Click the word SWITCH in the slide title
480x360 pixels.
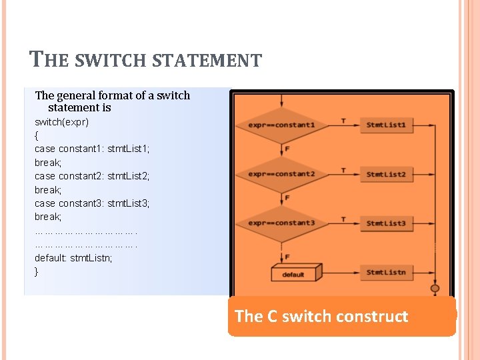pyautogui.click(x=109, y=61)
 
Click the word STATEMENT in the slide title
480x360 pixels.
pyautogui.click(x=207, y=61)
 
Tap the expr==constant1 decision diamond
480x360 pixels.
pyautogui.click(x=282, y=125)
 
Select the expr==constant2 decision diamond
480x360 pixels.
pyautogui.click(x=282, y=174)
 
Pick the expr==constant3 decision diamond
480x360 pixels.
pyautogui.click(x=282, y=223)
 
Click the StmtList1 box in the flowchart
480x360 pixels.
pyautogui.click(x=386, y=125)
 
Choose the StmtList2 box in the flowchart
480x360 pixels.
pyautogui.click(x=386, y=174)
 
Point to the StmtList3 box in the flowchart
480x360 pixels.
pyautogui.click(x=386, y=223)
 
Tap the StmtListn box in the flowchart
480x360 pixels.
pyautogui.click(x=386, y=272)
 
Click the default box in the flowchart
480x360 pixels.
pyautogui.click(x=294, y=273)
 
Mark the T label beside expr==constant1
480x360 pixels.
pyautogui.click(x=343, y=121)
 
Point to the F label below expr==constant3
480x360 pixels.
pyautogui.click(x=287, y=257)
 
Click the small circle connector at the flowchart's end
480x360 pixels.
pyautogui.click(x=435, y=289)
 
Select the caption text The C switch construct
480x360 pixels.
pyautogui.click(x=321, y=316)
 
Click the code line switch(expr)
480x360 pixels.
pyautogui.click(x=61, y=122)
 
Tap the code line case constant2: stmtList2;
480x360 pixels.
pyautogui.click(x=92, y=176)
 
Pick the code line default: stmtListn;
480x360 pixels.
pyautogui.click(x=73, y=257)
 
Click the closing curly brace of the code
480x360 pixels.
pyautogui.click(x=37, y=271)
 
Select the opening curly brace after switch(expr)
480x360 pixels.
pyautogui.click(x=37, y=135)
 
